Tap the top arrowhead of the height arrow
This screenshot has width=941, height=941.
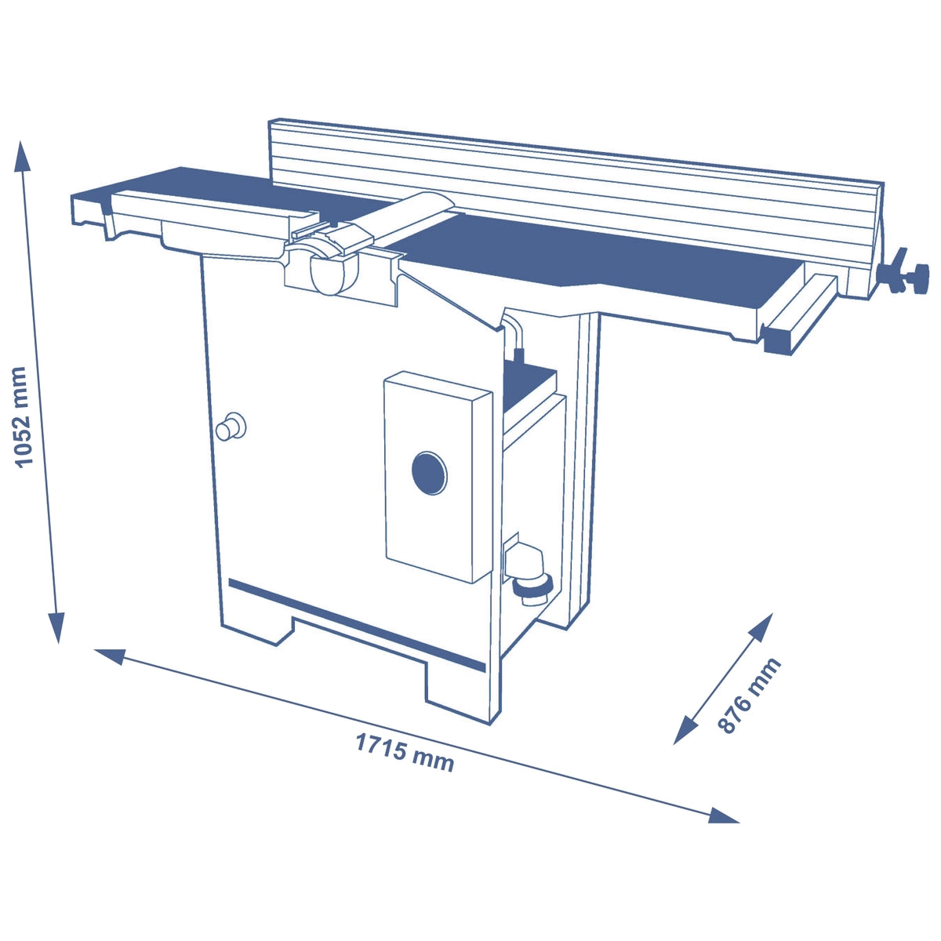(x=22, y=156)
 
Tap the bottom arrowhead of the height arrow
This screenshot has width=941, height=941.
(x=56, y=628)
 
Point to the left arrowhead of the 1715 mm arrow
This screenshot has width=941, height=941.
(x=110, y=656)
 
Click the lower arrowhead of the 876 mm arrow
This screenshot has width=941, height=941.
(x=685, y=730)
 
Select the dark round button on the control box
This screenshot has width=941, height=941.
(x=429, y=473)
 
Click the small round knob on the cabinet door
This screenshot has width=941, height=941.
(x=230, y=427)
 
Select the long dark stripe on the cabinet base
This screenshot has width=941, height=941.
(x=357, y=625)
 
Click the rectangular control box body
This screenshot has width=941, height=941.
(x=438, y=477)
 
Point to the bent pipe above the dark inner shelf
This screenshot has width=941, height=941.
(x=516, y=336)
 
